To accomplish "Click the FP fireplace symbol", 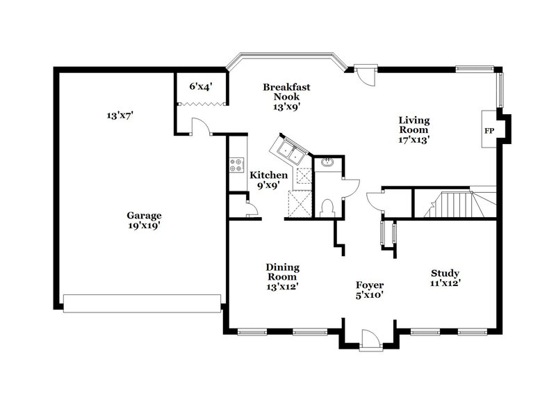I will pos(489,130).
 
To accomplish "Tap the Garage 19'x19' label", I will pos(144,220).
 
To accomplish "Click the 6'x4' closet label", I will pos(200,86).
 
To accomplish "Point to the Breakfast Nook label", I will pos(286,97).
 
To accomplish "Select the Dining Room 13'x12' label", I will pos(282,276).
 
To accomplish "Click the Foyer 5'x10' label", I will pos(370,289).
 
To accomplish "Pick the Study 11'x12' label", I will pos(445,278).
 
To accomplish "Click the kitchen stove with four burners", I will pos(236,166).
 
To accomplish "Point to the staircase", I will pos(455,204).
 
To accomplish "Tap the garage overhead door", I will pos(142,301).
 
